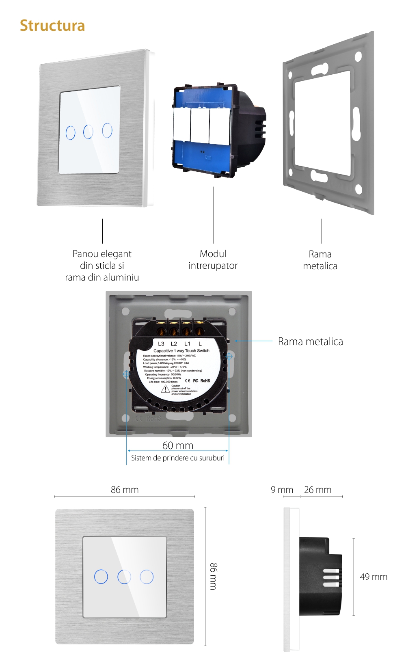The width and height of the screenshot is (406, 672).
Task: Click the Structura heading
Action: click(52, 26)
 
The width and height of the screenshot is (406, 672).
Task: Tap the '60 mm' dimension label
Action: click(178, 445)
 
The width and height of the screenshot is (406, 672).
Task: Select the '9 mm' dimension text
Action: click(282, 490)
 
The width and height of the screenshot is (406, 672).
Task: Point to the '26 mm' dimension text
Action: click(317, 490)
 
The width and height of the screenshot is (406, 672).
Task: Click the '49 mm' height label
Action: click(374, 577)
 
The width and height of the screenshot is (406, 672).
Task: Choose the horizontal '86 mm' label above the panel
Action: click(125, 490)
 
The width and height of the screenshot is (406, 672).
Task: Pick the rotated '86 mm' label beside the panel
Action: click(214, 576)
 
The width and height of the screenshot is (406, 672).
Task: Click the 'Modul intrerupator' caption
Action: click(213, 259)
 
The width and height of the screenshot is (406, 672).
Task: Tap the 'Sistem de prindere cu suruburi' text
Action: click(178, 458)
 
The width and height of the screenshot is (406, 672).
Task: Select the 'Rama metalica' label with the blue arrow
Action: click(310, 341)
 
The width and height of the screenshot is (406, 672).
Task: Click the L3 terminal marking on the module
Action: click(161, 344)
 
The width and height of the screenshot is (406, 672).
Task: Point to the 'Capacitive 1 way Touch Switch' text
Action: click(181, 350)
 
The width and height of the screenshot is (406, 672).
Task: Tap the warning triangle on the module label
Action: click(166, 389)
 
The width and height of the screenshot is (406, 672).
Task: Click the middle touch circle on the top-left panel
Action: click(88, 132)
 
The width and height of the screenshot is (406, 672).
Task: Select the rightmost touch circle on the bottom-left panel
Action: click(147, 577)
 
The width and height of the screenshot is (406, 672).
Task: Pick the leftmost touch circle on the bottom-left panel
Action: click(101, 577)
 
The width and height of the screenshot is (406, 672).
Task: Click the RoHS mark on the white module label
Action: click(205, 380)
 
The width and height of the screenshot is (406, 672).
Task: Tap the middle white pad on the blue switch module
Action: click(200, 125)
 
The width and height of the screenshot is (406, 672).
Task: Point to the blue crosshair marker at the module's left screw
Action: click(126, 374)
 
